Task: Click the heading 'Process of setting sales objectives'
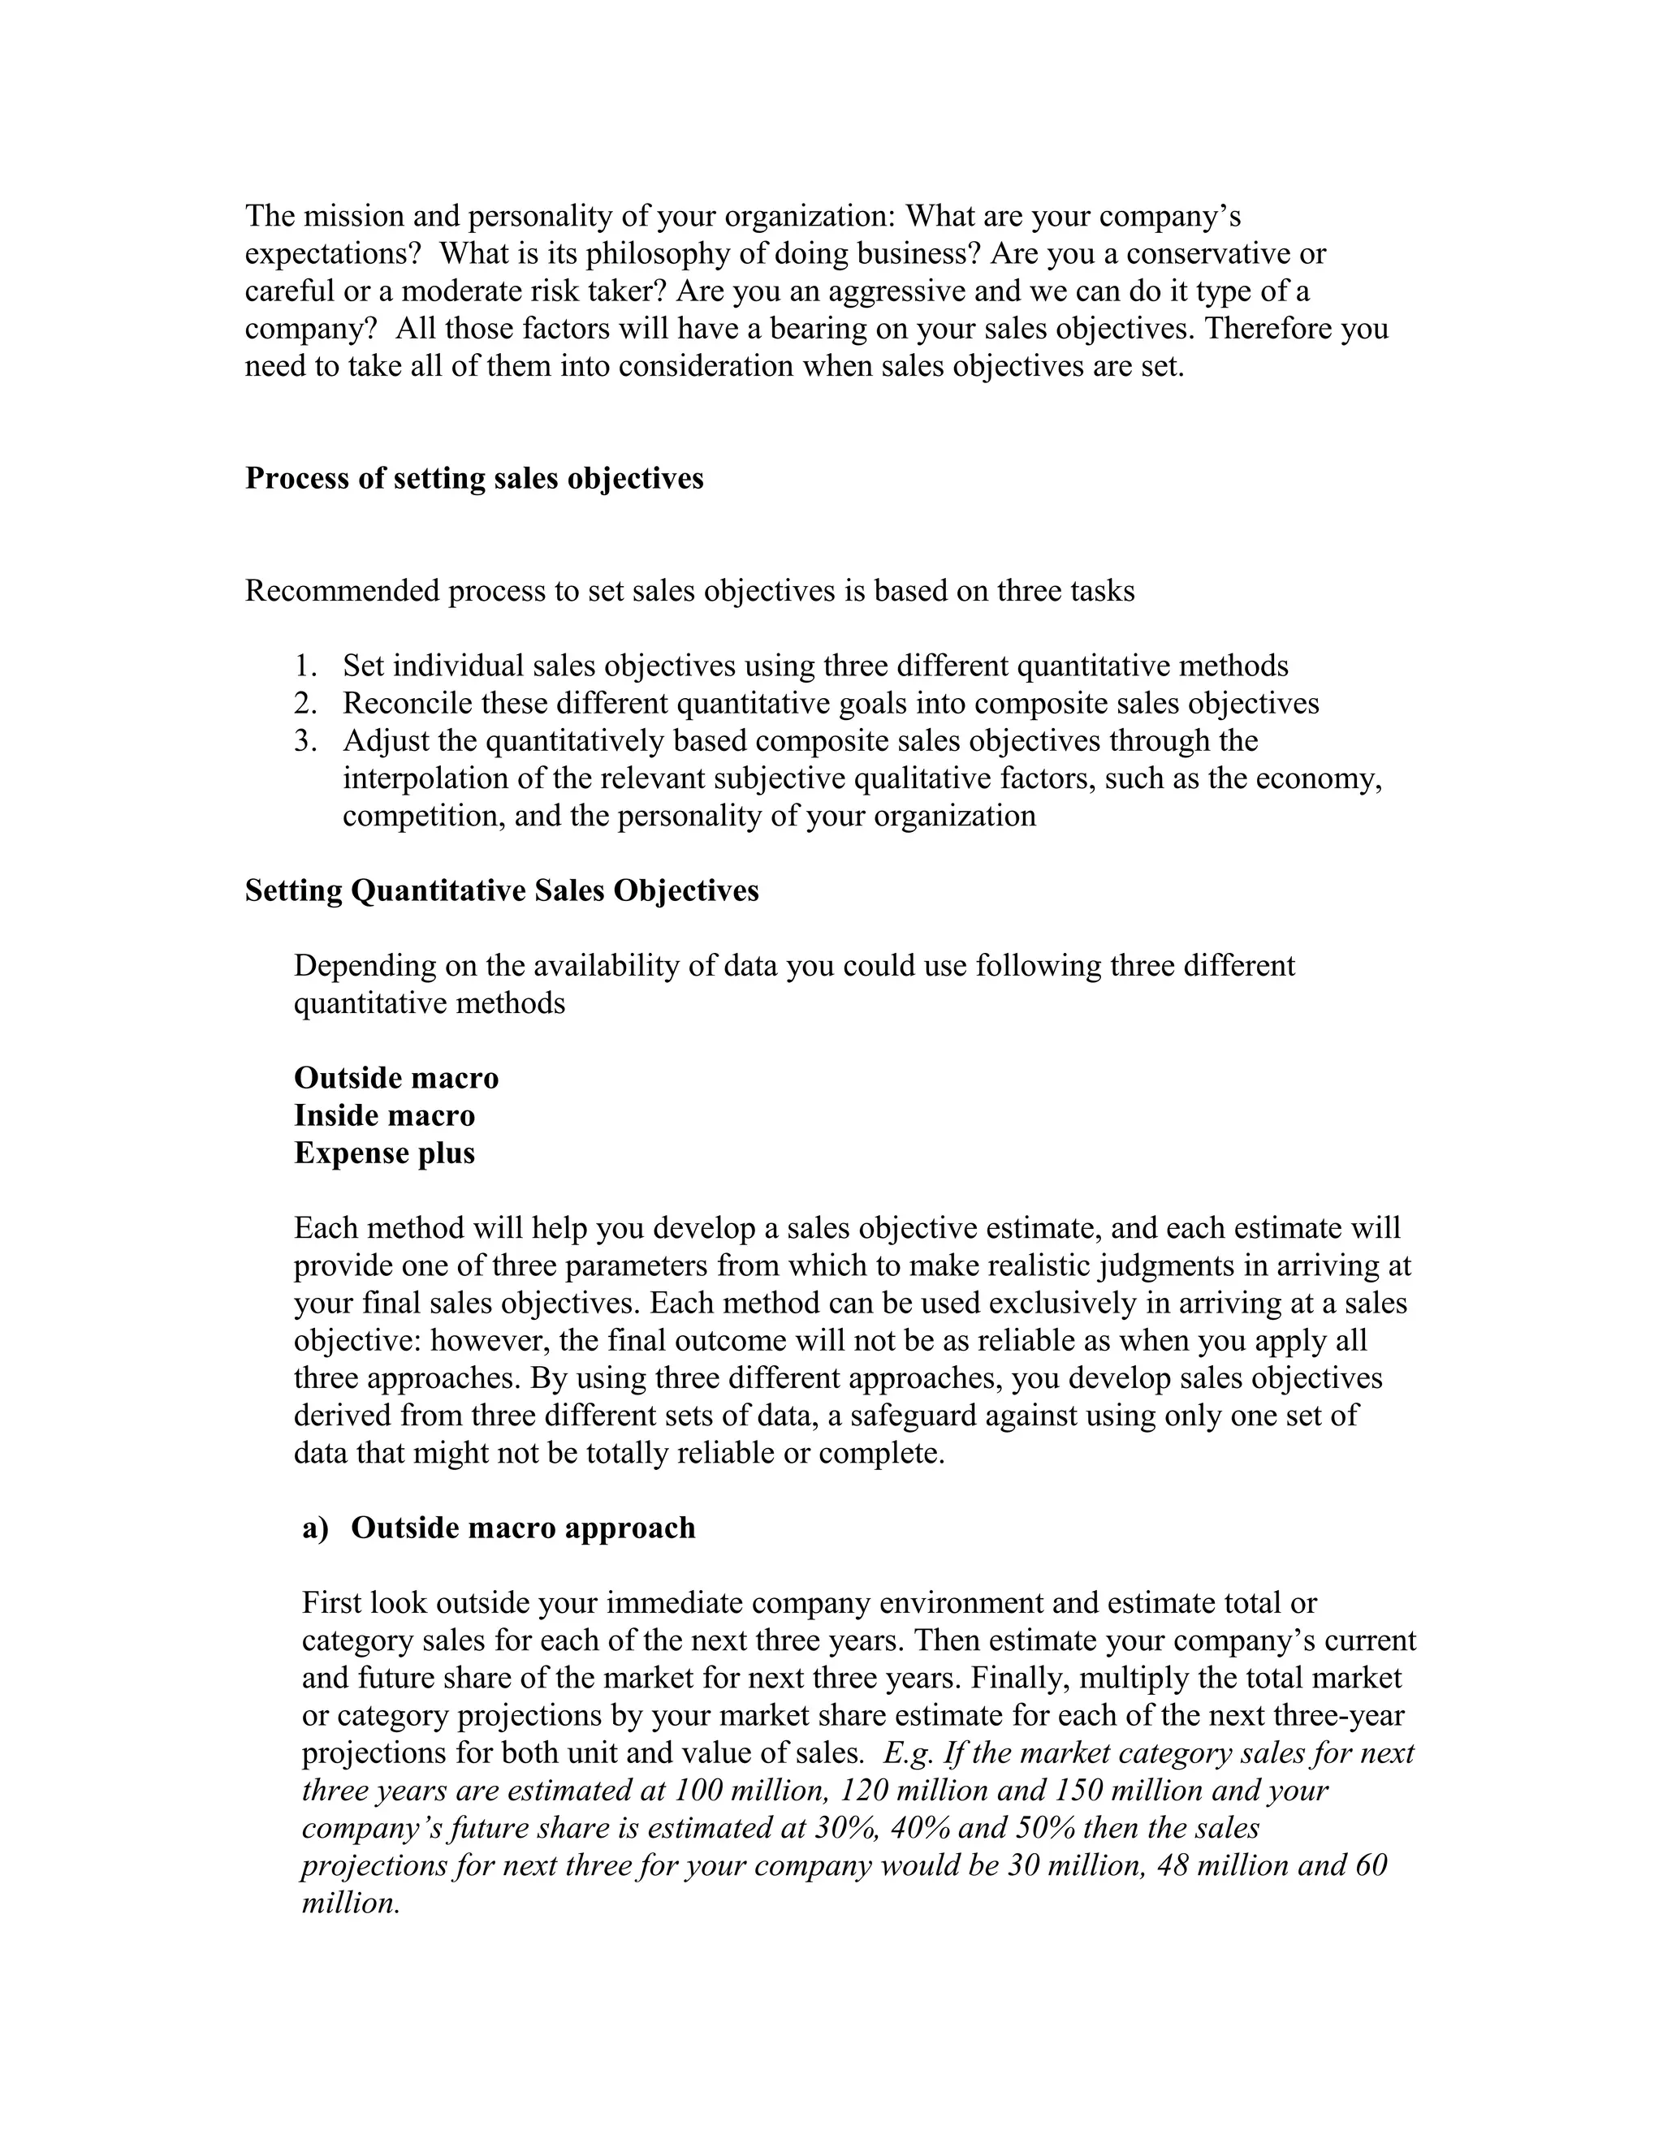[474, 479]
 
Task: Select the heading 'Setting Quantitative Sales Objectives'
[502, 890]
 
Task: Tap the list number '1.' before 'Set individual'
[305, 666]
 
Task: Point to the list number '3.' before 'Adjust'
[305, 740]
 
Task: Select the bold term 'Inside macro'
[384, 1115]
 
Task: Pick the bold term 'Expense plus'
[384, 1153]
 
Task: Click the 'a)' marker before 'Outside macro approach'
[315, 1528]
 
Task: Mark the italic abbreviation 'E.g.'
[909, 1753]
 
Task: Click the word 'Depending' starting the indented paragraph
[364, 965]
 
